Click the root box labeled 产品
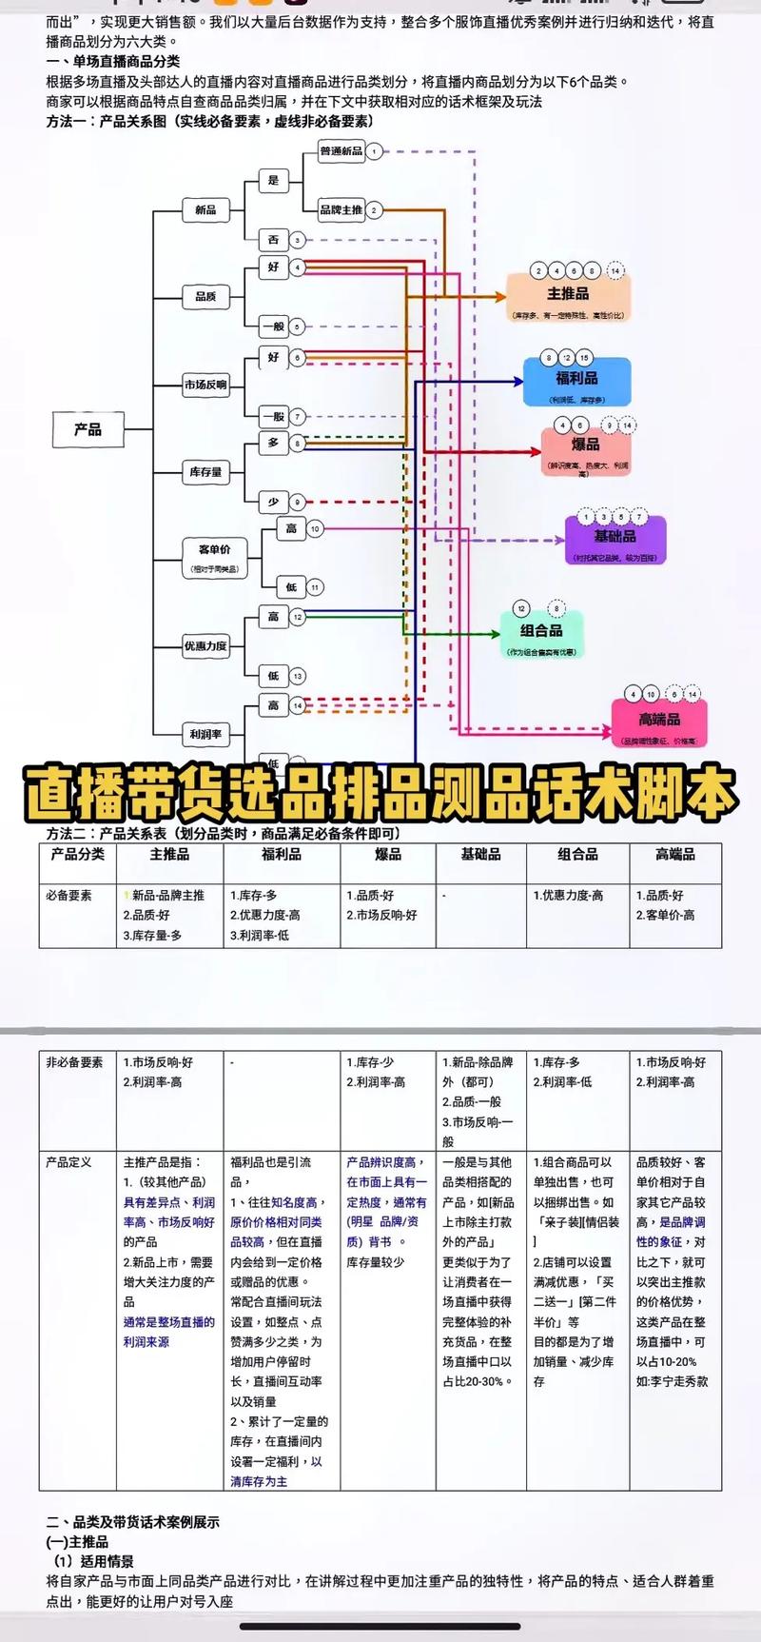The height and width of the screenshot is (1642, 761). point(88,430)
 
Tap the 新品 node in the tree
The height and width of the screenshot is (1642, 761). point(205,209)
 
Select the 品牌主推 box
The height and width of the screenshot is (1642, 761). point(341,209)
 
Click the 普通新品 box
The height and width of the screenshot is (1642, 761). point(341,151)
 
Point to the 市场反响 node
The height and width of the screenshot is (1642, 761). point(205,385)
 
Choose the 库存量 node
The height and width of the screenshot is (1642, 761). point(205,471)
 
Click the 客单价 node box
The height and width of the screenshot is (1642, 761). point(214,557)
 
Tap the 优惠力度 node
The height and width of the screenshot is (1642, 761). point(205,646)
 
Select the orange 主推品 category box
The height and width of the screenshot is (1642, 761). point(568,299)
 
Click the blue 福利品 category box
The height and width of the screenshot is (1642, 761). point(576,382)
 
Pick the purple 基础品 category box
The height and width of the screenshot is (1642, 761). point(615,541)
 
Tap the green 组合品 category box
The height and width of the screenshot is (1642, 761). point(541,635)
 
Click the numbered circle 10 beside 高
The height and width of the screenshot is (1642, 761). point(314,528)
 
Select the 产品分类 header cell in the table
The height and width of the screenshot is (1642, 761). point(78,855)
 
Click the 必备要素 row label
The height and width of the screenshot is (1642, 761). point(69,895)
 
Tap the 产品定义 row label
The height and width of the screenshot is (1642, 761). point(69,1162)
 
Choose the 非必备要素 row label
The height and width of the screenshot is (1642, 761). point(74,1062)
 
